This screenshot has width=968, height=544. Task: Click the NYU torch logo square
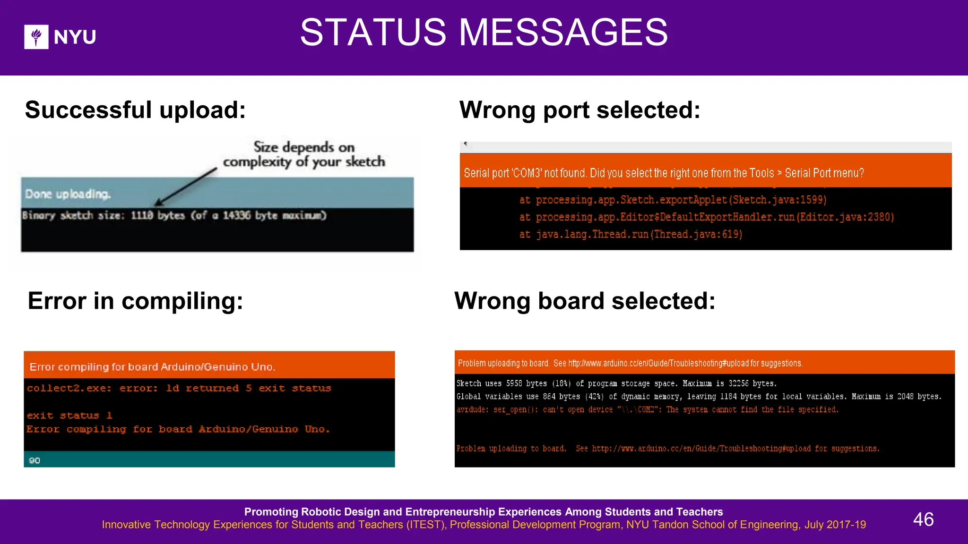[x=36, y=37]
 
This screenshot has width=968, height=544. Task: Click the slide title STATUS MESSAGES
[x=484, y=33]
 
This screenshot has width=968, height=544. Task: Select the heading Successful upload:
[x=135, y=110]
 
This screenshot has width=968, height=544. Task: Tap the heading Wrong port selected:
[x=579, y=110]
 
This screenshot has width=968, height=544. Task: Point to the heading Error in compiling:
[x=135, y=301]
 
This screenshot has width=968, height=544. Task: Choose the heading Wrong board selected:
[x=585, y=301]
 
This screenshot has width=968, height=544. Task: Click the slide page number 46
[x=923, y=519]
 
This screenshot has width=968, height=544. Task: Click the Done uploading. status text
[x=68, y=194]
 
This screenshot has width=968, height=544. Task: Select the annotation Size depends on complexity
[x=304, y=154]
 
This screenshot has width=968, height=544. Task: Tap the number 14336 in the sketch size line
[x=237, y=215]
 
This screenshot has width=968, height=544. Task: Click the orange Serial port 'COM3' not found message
[x=664, y=173]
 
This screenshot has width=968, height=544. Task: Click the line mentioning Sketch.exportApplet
[x=673, y=200]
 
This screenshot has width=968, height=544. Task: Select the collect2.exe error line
[x=179, y=388]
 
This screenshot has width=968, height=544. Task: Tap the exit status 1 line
[x=69, y=416]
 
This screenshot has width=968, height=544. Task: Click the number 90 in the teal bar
[x=35, y=460]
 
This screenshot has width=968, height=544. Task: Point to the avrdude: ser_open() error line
[x=647, y=409]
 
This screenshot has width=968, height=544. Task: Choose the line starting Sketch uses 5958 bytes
[x=616, y=383]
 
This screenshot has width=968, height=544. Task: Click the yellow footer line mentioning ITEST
[x=484, y=525]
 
